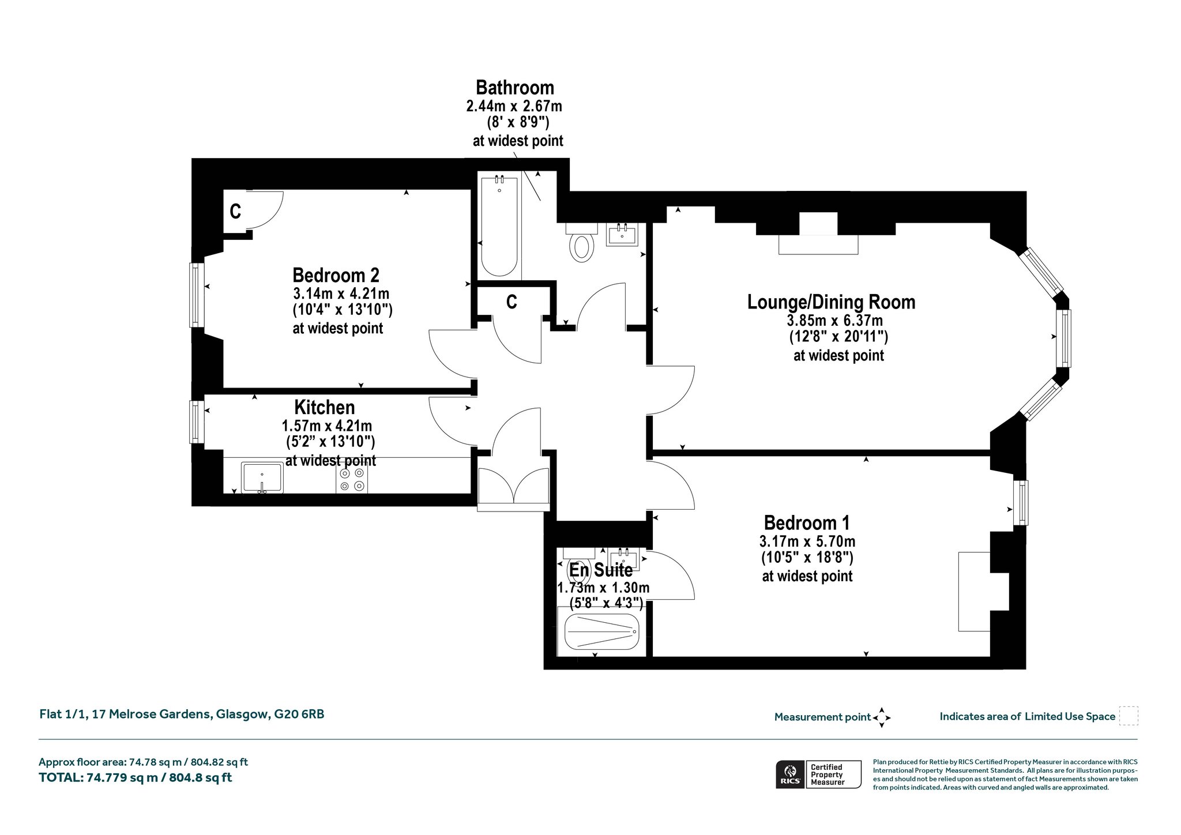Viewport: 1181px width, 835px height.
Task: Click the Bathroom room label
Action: tap(514, 88)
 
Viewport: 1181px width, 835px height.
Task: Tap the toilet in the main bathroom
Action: tap(581, 243)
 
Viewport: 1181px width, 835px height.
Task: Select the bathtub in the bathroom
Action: tap(499, 227)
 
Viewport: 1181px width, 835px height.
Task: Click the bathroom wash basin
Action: tap(622, 234)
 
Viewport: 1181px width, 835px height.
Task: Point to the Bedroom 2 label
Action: tap(336, 275)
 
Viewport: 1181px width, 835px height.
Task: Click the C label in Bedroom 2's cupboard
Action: tap(235, 212)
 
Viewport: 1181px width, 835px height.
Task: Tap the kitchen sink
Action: tap(262, 477)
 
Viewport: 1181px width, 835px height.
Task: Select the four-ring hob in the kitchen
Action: tap(352, 479)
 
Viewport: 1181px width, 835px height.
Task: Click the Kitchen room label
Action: tap(325, 407)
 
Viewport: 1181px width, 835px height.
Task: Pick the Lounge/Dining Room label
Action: tap(831, 302)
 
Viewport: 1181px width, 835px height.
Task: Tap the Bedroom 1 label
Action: tap(806, 523)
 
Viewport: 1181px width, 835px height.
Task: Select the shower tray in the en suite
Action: tap(601, 631)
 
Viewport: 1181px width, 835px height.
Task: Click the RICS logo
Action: tap(789, 774)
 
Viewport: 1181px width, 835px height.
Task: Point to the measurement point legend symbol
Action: tap(882, 718)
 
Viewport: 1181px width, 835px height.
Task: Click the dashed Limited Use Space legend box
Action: tap(1129, 716)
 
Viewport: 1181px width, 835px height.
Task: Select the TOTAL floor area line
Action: tap(136, 777)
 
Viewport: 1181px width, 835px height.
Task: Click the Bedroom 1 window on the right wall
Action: tap(1021, 502)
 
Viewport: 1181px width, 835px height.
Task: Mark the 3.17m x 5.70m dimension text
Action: tap(807, 541)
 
